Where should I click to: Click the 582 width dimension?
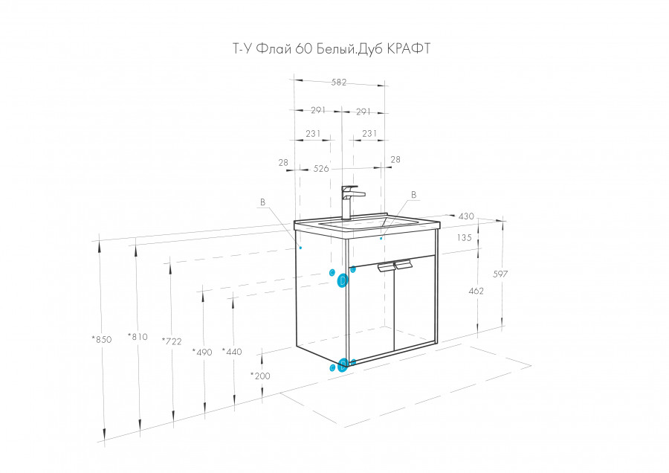click(x=339, y=83)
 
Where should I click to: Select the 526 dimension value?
click(x=321, y=169)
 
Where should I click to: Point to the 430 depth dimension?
click(x=466, y=216)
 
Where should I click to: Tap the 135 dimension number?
click(x=464, y=237)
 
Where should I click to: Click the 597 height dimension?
click(x=500, y=274)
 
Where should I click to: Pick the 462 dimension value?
click(x=476, y=291)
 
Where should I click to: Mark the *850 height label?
click(x=102, y=339)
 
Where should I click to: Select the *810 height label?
click(x=138, y=337)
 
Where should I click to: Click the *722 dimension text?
click(x=172, y=341)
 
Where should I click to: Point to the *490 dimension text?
click(x=201, y=353)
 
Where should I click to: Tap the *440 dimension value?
click(x=232, y=351)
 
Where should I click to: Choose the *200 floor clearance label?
click(x=260, y=376)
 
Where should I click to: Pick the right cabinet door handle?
click(x=403, y=265)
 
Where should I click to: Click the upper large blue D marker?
click(x=343, y=280)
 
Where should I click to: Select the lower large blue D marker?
click(x=342, y=366)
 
